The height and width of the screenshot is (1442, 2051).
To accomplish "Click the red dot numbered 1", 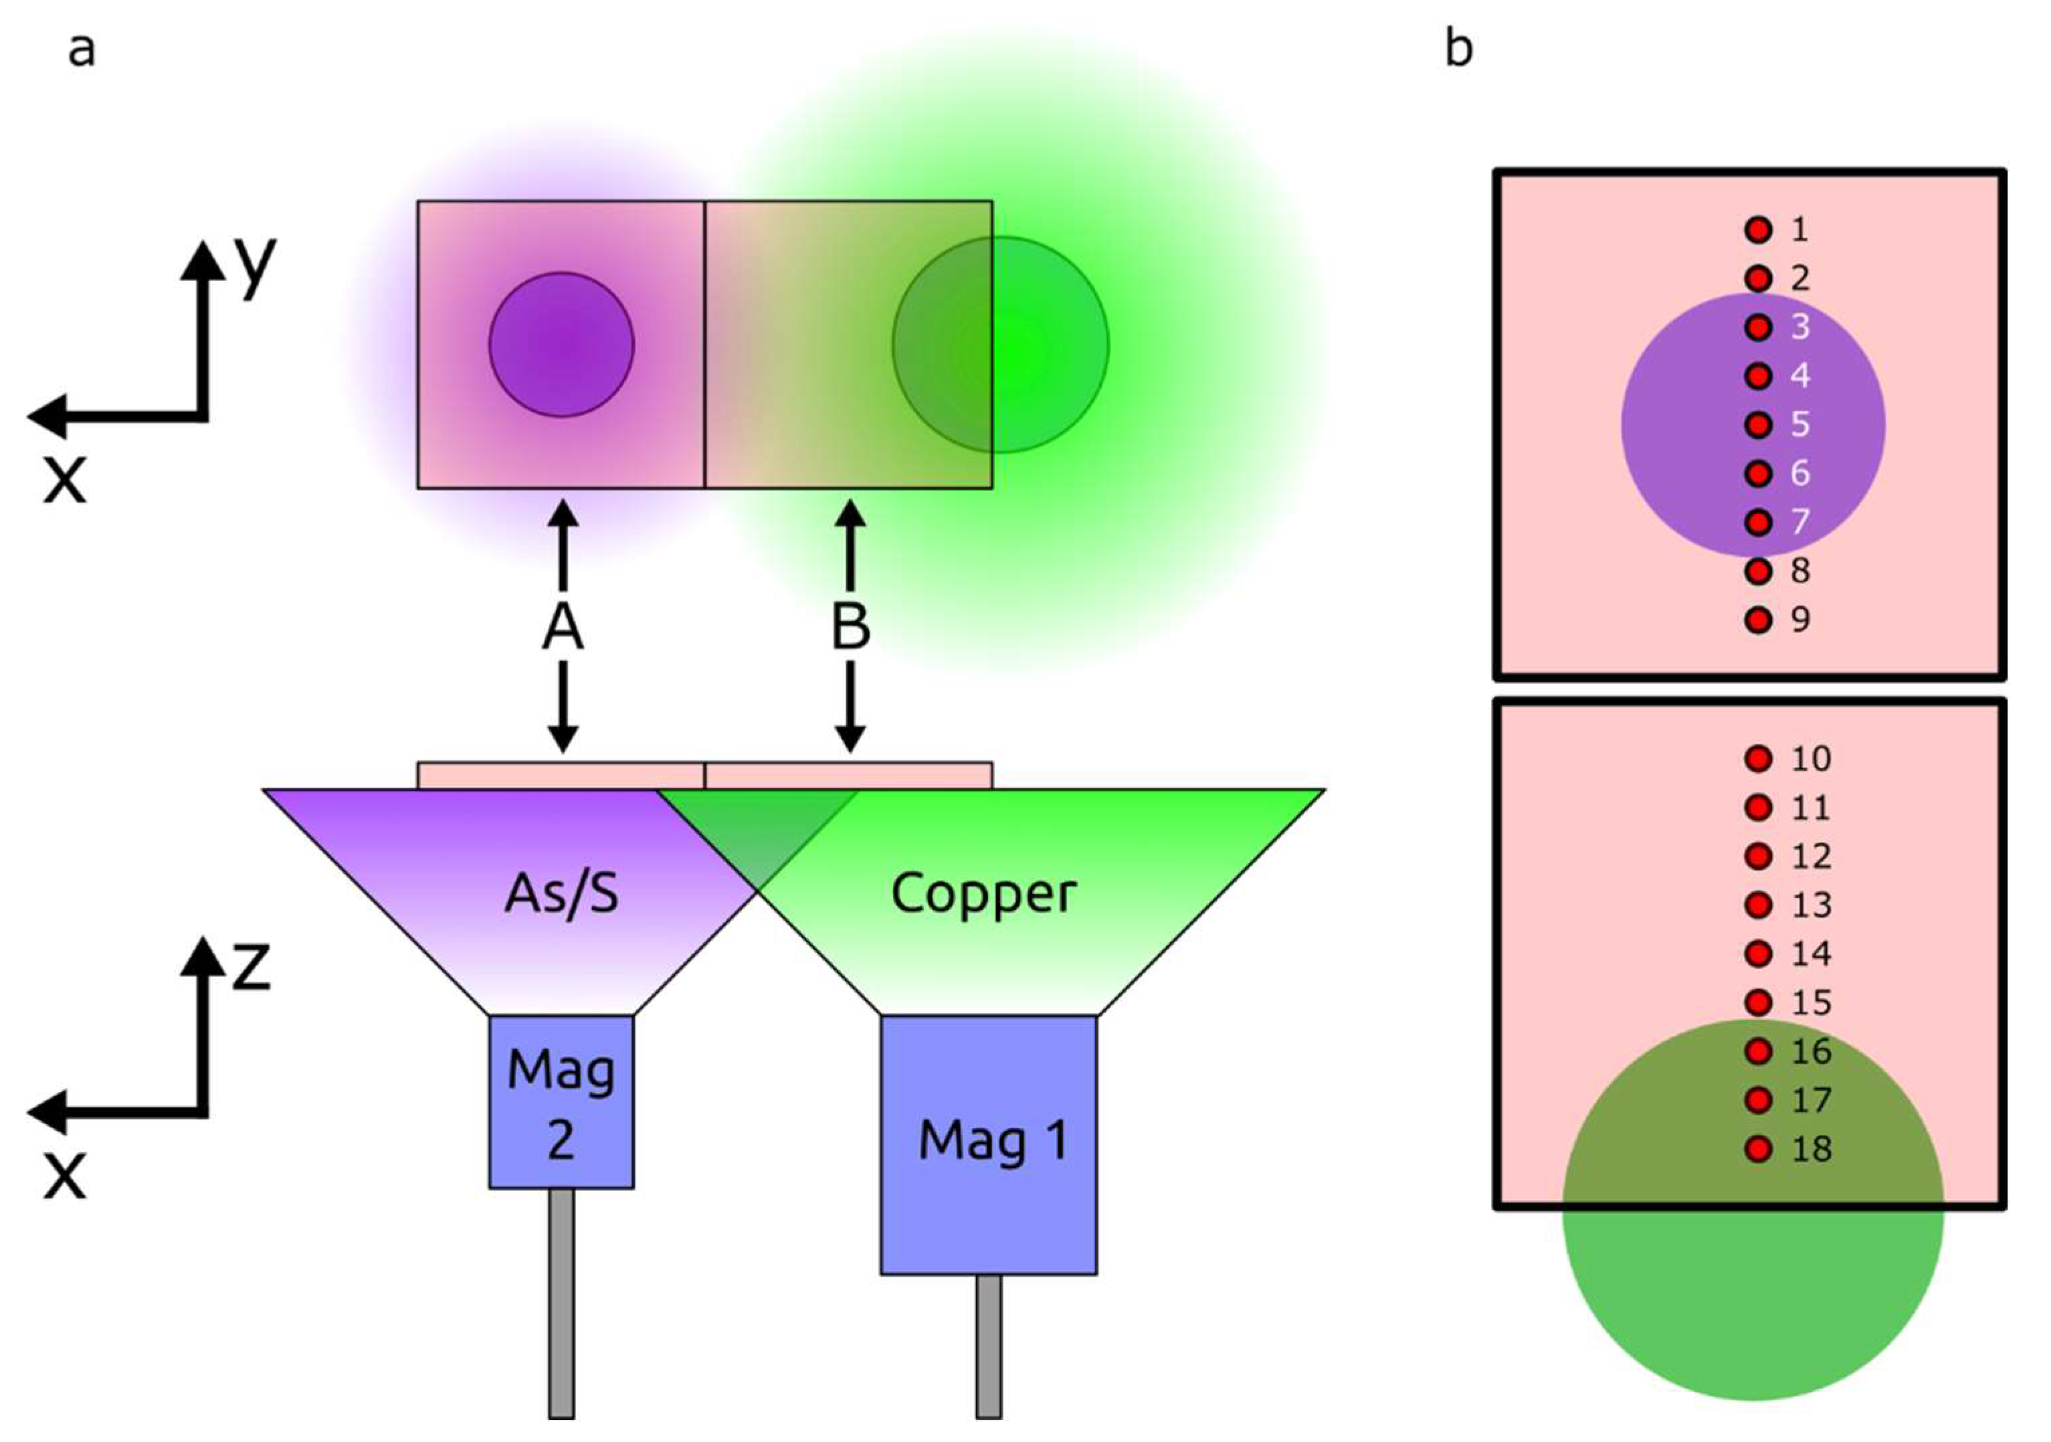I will click(1758, 230).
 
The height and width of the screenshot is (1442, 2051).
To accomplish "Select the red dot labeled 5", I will click(1758, 424).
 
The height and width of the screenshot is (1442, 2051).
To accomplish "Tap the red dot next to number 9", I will click(1758, 619).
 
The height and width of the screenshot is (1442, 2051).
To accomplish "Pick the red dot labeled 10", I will click(1758, 759).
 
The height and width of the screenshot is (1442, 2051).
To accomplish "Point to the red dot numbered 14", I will click(1758, 954).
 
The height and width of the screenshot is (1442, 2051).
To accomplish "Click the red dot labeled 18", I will click(1758, 1148).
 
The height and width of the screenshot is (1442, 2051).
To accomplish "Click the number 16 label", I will click(1811, 1052).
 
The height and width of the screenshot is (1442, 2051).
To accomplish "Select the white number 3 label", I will click(1800, 327).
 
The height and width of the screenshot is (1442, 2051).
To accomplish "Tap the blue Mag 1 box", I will click(989, 1144).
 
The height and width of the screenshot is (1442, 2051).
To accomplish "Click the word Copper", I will click(983, 893).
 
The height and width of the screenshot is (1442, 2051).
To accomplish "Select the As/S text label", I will click(561, 893).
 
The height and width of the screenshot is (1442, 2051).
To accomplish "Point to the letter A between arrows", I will click(563, 626).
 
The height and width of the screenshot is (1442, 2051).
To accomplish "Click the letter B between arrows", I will click(850, 626).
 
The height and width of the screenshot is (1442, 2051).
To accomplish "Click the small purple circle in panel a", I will click(561, 344).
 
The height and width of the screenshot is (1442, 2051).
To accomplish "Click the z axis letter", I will click(251, 968).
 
